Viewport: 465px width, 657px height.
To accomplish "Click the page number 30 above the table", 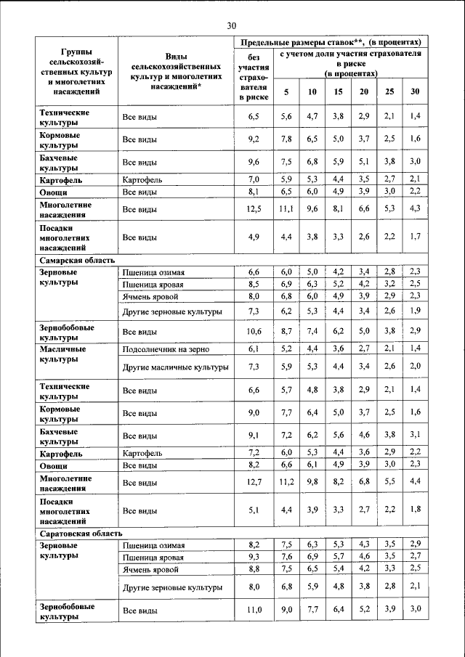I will click(232, 25).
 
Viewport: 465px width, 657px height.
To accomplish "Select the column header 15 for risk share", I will click(338, 91).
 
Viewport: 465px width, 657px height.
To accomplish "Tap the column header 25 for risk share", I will click(390, 91).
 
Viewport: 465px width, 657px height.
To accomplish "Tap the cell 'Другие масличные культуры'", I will click(175, 367).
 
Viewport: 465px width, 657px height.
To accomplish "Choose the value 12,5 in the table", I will click(254, 210).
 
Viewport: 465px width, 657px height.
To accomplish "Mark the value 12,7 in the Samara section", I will click(254, 482).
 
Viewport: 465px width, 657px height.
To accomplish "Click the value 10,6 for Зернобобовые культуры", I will click(254, 332).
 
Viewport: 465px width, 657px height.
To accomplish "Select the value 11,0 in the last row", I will click(254, 611).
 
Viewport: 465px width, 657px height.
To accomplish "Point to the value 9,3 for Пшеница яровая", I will click(254, 557).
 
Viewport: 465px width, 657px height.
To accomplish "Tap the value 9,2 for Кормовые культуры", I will click(254, 139).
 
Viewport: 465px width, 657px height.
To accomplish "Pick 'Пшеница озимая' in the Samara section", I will click(153, 272).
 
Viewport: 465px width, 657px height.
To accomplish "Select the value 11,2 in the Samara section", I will click(286, 482).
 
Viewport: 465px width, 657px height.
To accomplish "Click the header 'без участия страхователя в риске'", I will click(254, 76).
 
